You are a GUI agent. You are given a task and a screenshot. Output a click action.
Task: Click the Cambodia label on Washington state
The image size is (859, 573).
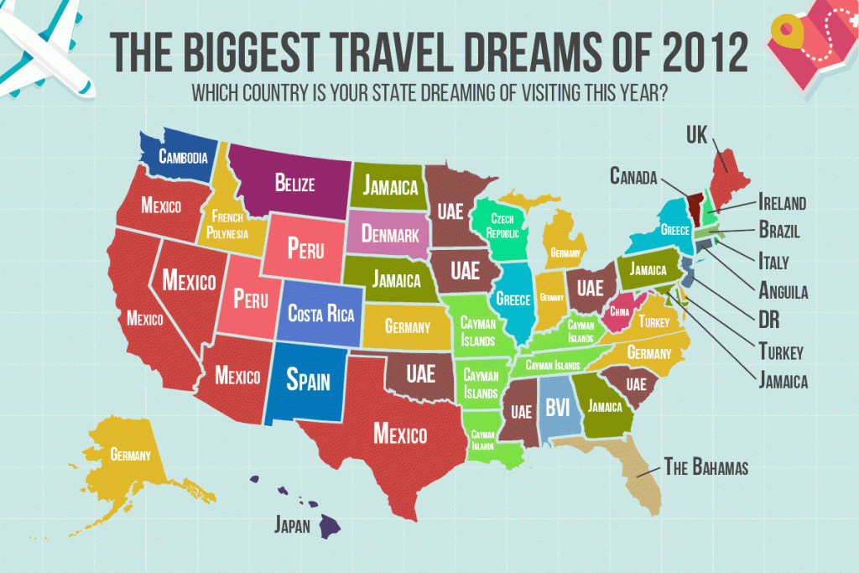(178, 156)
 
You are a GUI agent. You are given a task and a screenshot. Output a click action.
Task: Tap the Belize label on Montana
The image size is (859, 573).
(294, 182)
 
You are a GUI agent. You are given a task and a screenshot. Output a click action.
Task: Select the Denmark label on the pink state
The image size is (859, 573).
(390, 234)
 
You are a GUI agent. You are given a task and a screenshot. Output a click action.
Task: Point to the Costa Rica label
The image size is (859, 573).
(320, 315)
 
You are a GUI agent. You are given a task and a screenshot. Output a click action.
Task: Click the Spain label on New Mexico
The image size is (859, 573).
(308, 380)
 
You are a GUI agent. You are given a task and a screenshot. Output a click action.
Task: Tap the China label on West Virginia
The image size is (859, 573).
(621, 311)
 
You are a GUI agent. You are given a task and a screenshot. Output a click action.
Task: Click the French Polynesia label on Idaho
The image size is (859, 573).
(227, 221)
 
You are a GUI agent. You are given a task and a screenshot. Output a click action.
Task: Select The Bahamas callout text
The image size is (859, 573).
(705, 466)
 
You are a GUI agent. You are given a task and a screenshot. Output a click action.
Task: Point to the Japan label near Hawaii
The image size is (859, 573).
(293, 526)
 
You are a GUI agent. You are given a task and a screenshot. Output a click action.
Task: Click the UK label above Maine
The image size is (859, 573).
(697, 133)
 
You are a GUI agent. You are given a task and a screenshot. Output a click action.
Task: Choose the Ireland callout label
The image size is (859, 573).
(782, 202)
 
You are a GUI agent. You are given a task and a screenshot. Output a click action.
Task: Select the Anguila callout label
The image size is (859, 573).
(783, 292)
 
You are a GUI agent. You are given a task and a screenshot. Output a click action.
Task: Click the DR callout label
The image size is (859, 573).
(770, 321)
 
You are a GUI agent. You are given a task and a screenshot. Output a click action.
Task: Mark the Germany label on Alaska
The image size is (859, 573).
(130, 456)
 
